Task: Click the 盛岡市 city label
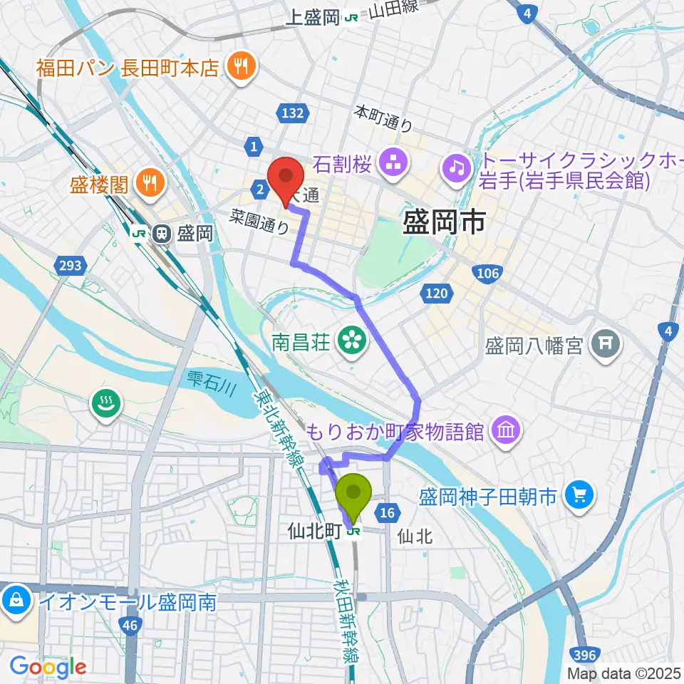point(444,222)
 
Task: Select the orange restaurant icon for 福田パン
point(237,67)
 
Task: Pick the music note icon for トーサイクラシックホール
point(456,167)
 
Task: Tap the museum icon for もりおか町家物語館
point(507,430)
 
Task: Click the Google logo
point(48,667)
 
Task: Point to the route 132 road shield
point(293,113)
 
